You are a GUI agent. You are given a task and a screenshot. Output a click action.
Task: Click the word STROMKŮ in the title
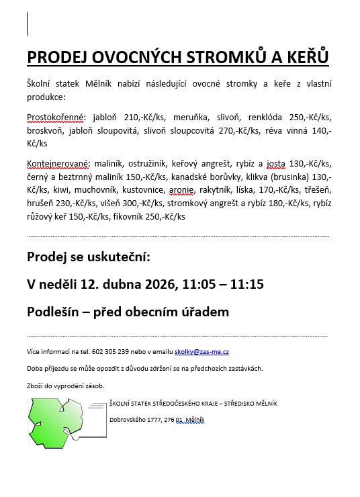pos(232,56)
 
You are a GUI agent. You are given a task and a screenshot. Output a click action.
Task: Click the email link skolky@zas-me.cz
pos(201,351)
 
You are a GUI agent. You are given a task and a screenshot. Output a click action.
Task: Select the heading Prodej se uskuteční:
pos(89,257)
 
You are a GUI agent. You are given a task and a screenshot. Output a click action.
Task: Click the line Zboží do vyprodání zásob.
pos(66,386)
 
